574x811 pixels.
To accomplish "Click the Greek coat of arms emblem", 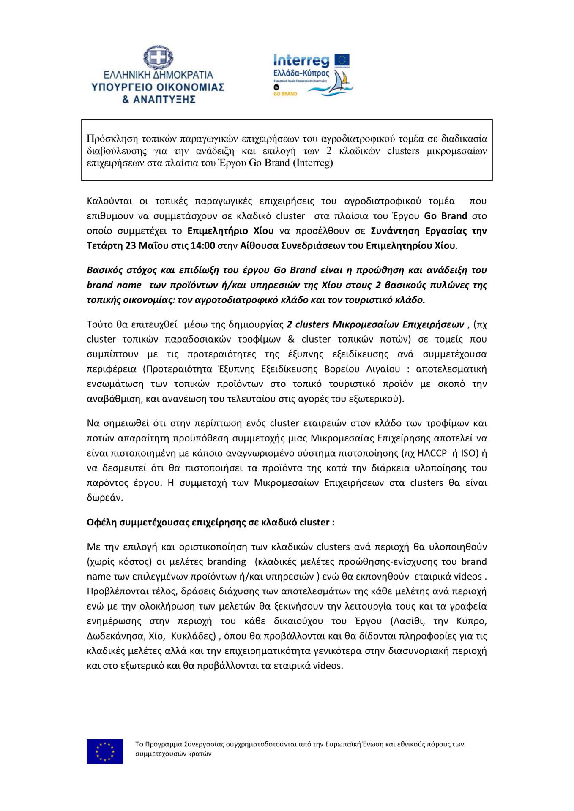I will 158,57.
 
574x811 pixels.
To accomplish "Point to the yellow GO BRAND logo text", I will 285,94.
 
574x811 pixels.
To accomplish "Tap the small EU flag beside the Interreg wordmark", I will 342,60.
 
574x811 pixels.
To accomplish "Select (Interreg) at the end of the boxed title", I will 313,163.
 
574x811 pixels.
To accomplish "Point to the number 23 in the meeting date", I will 131,246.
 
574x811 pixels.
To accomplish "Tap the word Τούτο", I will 100,324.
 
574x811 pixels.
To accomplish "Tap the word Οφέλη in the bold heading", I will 101,523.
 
